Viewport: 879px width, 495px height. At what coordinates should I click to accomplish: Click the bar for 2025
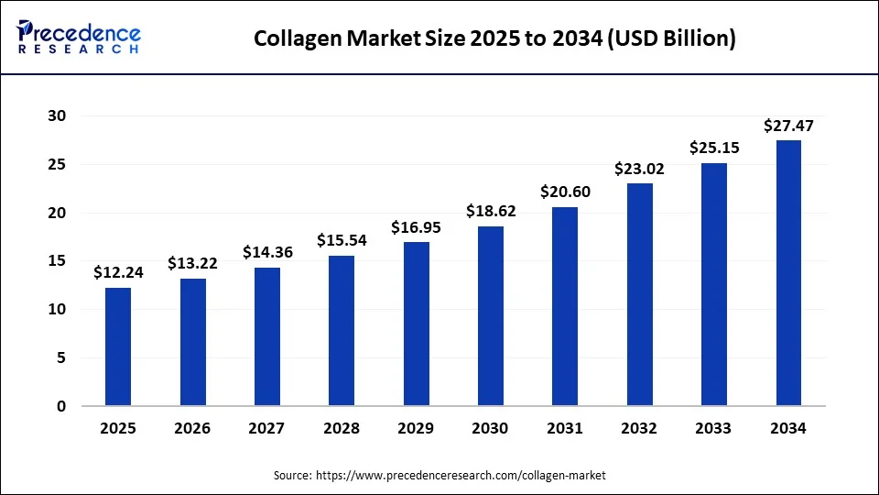(x=118, y=346)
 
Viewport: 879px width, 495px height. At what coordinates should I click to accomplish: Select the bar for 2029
(x=416, y=324)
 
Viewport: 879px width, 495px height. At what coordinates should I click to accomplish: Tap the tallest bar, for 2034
(x=788, y=273)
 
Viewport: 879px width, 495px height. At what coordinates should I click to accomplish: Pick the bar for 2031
(x=565, y=306)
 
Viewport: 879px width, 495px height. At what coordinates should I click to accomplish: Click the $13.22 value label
(x=192, y=263)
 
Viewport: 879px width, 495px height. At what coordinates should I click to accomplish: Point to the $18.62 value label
(x=491, y=211)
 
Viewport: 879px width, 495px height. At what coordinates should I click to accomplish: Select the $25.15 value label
(x=714, y=148)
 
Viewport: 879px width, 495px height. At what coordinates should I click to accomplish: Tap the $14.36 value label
(x=267, y=252)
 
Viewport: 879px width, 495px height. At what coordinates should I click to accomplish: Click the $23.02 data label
(x=640, y=169)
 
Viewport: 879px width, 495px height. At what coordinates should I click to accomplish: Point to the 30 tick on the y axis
(x=58, y=115)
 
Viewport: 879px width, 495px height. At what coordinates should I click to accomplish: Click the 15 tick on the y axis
(x=58, y=261)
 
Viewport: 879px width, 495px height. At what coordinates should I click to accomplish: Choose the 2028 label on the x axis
(x=342, y=428)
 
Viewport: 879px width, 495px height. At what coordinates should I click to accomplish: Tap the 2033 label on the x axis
(x=714, y=428)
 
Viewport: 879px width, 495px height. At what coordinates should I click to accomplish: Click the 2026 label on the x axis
(x=192, y=428)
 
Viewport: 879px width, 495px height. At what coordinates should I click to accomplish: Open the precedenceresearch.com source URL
(x=461, y=476)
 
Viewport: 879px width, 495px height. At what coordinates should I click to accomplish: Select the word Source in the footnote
(x=291, y=476)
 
